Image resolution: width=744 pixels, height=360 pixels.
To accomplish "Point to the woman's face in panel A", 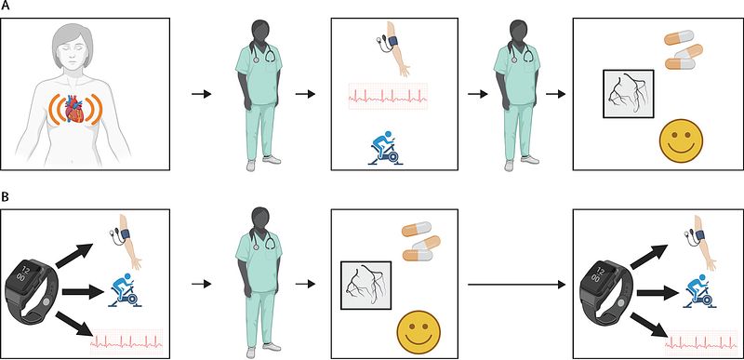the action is [x=73, y=57].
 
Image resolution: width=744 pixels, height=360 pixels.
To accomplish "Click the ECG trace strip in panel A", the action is [x=388, y=97].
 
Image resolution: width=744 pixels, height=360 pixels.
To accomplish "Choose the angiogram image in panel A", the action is [x=629, y=93].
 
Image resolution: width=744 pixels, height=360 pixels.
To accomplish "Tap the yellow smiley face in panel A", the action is [x=683, y=140].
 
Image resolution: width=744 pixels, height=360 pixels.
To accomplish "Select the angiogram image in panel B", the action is [x=365, y=285].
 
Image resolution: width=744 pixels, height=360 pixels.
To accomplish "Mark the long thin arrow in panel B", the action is [x=517, y=285].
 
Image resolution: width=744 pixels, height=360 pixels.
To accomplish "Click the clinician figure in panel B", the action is [x=259, y=282].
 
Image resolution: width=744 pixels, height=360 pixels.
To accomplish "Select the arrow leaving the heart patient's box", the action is [x=201, y=94].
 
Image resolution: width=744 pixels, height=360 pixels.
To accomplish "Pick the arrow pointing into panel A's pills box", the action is [x=555, y=94].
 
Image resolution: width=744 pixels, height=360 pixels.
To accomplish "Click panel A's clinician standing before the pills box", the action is [x=517, y=95].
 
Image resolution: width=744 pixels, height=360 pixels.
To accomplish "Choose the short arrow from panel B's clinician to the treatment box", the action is [x=306, y=285].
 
